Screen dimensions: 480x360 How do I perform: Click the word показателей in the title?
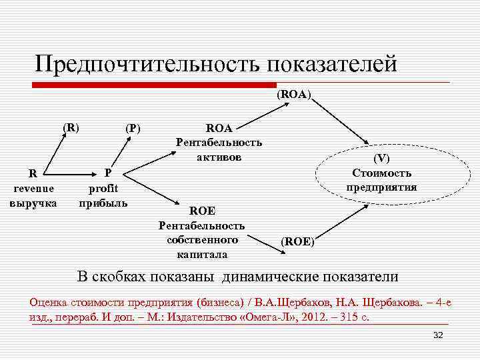click(332, 64)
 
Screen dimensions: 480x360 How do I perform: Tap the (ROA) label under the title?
click(294, 95)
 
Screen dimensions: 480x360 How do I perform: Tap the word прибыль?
click(103, 202)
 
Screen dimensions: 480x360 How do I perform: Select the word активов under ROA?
click(219, 157)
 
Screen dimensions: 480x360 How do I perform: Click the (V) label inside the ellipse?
click(382, 159)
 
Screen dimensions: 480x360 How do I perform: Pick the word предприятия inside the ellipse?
click(382, 187)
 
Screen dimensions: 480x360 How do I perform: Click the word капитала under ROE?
click(202, 254)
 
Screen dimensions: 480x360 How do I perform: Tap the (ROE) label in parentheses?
click(297, 242)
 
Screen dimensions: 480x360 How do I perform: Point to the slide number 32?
click(438, 335)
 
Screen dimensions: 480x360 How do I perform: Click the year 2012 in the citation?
click(316, 316)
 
